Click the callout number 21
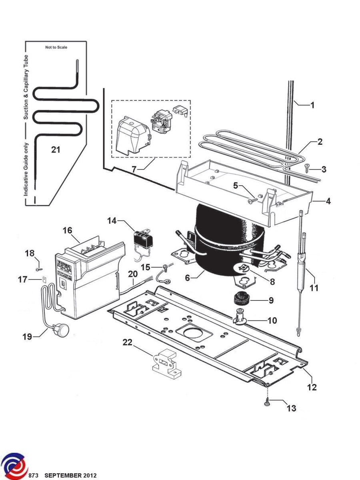click(x=56, y=150)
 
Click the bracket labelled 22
click(x=165, y=363)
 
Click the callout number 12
click(x=312, y=387)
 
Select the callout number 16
click(x=67, y=230)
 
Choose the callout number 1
click(x=312, y=106)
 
